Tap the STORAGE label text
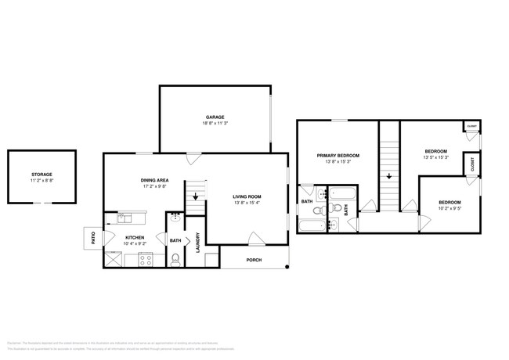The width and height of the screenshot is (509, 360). click(x=42, y=174)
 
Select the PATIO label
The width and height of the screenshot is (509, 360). click(x=93, y=237)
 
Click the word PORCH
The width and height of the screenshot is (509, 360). click(x=254, y=260)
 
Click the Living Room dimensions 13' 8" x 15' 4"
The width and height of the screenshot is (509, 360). click(x=247, y=203)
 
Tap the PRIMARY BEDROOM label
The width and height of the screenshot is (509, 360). click(x=338, y=156)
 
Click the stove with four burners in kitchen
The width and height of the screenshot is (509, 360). click(x=145, y=260)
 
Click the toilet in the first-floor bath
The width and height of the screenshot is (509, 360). click(x=176, y=259)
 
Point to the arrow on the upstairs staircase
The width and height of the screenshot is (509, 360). click(x=388, y=176)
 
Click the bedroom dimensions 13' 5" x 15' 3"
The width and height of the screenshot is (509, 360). click(x=436, y=157)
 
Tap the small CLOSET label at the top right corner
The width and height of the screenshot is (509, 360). click(x=472, y=126)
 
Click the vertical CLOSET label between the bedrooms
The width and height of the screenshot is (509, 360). click(x=473, y=164)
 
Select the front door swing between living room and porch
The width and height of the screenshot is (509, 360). click(x=254, y=239)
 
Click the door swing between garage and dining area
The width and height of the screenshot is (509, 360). click(x=193, y=159)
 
